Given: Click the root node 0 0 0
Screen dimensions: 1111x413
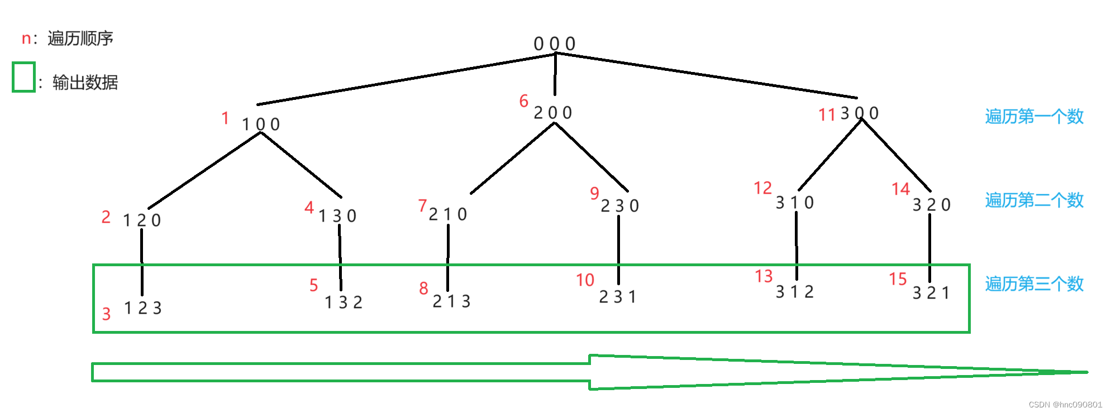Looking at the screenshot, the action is click(x=554, y=44).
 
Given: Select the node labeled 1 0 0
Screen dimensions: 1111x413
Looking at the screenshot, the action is click(x=260, y=124).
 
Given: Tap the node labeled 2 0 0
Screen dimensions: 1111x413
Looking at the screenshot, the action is click(x=552, y=113).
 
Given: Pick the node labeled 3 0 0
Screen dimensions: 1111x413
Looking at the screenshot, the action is click(x=860, y=113).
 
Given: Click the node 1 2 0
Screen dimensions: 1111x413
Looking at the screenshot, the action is click(x=142, y=220).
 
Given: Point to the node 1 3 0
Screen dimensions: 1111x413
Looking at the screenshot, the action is click(x=337, y=216).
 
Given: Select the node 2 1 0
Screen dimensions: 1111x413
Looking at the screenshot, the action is click(x=447, y=214).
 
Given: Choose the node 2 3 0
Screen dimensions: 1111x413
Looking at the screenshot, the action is click(x=619, y=206).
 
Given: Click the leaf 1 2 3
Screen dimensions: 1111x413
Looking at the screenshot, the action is click(x=142, y=308).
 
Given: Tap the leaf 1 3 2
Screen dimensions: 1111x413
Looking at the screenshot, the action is click(x=344, y=302).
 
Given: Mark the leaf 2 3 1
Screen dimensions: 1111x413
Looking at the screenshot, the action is click(x=617, y=297).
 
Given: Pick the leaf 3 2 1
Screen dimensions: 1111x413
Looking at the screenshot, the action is click(x=931, y=293).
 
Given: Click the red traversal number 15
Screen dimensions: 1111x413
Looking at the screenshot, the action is click(x=898, y=279).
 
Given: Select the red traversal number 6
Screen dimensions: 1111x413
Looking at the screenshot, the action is click(x=523, y=101).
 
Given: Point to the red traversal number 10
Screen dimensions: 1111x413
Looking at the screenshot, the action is click(x=585, y=280).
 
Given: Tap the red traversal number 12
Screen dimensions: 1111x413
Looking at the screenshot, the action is click(x=762, y=188).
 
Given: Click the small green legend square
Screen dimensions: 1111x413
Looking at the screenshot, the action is click(x=23, y=77).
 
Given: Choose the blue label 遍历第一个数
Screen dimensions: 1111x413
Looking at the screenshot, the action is click(x=1034, y=116).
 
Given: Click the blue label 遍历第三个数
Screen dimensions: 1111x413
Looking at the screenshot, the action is click(x=1034, y=284).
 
